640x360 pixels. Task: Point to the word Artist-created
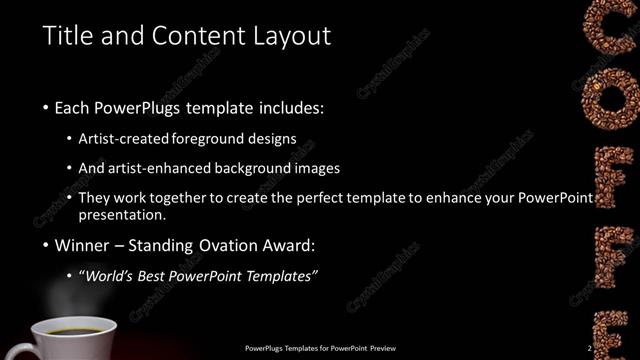(x=125, y=138)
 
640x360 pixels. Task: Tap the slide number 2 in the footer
(x=591, y=349)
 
